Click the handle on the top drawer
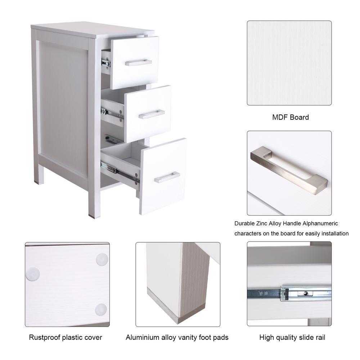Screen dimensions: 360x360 pyautogui.click(x=138, y=63)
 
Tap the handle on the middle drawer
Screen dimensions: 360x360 pyautogui.click(x=152, y=114)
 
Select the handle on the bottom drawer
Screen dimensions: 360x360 pyautogui.click(x=167, y=177)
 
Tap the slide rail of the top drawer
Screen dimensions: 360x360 pyautogui.click(x=106, y=63)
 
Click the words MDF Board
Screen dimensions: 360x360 pyautogui.click(x=291, y=117)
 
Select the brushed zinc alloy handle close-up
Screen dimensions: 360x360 pyautogui.click(x=289, y=170)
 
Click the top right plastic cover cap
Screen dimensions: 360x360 pyautogui.click(x=102, y=260)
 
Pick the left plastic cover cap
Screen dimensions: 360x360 pyautogui.click(x=33, y=274)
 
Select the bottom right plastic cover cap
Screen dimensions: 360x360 pyautogui.click(x=101, y=309)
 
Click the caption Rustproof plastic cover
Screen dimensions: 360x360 pyautogui.click(x=66, y=337)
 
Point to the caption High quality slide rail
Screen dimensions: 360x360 pyautogui.click(x=292, y=337)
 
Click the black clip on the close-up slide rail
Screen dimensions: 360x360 pyautogui.click(x=286, y=294)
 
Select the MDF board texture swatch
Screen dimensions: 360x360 pyautogui.click(x=289, y=63)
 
